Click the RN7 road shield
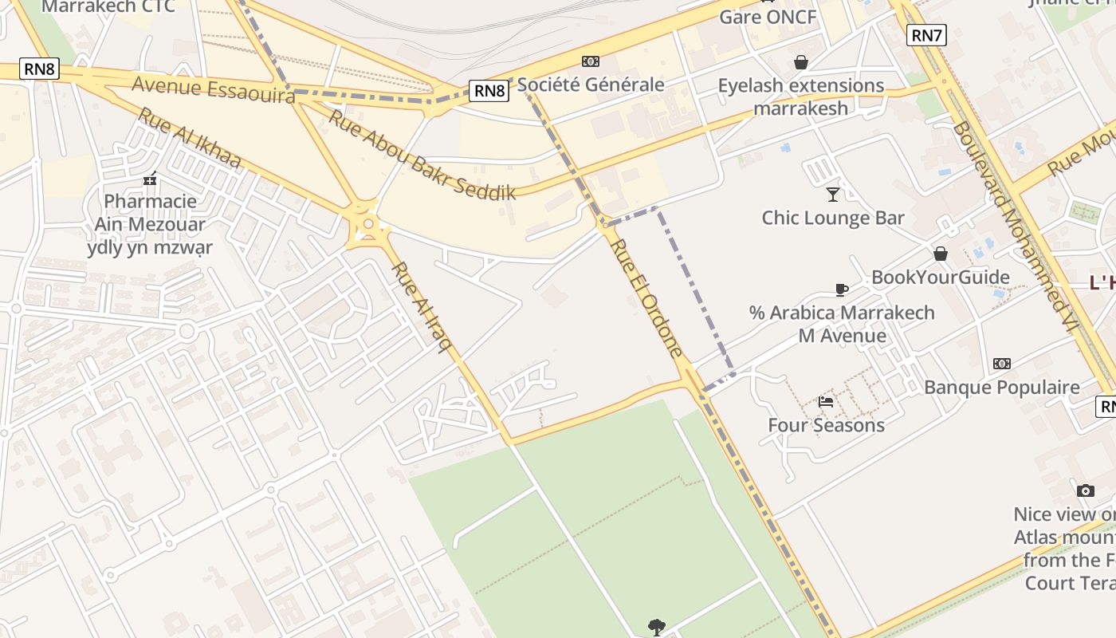click(926, 35)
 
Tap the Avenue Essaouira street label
click(213, 89)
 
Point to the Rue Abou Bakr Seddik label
click(422, 154)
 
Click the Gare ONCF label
click(768, 17)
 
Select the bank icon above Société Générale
click(590, 61)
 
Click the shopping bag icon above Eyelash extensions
click(800, 62)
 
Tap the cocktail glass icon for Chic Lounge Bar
click(833, 194)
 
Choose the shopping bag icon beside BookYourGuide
click(941, 254)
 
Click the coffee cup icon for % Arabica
click(841, 289)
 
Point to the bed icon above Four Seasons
click(826, 402)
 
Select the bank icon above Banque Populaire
click(1002, 364)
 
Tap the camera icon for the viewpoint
click(1085, 490)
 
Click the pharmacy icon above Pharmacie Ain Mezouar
click(150, 179)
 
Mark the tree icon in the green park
click(656, 627)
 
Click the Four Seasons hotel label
click(826, 425)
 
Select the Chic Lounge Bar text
click(833, 218)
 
